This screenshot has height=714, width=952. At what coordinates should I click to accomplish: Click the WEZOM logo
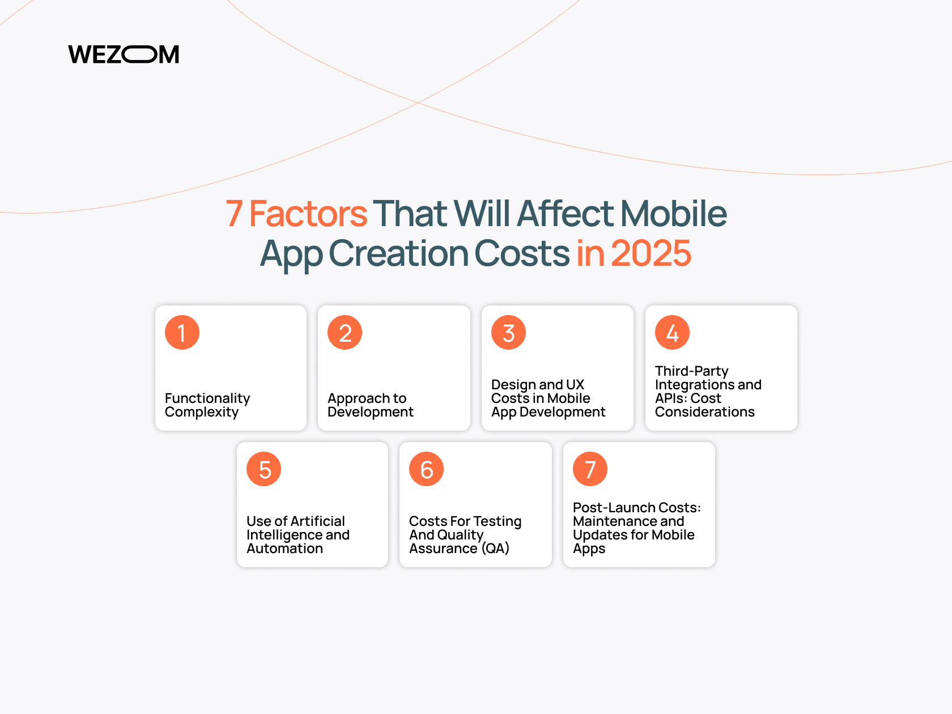[x=124, y=54]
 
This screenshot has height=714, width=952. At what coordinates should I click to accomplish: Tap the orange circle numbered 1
[x=182, y=333]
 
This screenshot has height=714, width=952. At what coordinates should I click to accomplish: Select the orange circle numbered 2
[x=345, y=333]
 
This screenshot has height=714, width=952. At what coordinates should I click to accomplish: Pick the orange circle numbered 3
[x=508, y=333]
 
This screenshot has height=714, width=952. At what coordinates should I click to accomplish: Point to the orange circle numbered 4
[x=672, y=333]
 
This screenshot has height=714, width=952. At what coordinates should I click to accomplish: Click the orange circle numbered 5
[x=263, y=469]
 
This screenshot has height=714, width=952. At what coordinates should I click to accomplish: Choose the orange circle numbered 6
[x=426, y=469]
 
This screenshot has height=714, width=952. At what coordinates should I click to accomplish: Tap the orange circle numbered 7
[x=590, y=469]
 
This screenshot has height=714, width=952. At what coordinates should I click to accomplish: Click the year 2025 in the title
[x=651, y=253]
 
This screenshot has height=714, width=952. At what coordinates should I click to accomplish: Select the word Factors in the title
[x=308, y=213]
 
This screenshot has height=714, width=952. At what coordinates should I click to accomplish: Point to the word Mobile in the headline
[x=674, y=213]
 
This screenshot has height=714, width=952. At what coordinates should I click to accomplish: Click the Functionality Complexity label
[x=207, y=405]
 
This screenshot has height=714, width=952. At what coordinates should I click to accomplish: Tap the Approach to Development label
[x=371, y=405]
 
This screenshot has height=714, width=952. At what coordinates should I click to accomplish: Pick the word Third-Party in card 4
[x=692, y=371]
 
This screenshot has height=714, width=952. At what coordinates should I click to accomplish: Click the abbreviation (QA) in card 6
[x=495, y=549]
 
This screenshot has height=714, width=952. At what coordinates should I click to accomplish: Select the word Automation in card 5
[x=284, y=549]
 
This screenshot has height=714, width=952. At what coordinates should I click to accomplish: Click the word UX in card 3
[x=575, y=385]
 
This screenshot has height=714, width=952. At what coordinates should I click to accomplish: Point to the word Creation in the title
[x=399, y=253]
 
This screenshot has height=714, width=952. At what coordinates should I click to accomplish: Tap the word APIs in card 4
[x=670, y=398]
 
